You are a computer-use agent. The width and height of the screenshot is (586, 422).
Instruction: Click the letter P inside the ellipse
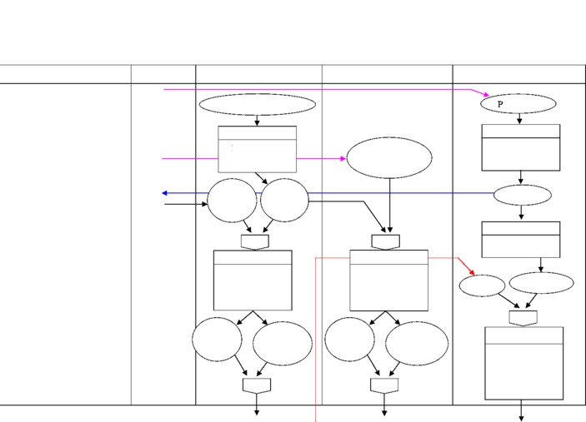pos(500,105)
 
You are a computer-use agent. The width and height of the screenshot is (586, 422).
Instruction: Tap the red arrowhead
pos(472,272)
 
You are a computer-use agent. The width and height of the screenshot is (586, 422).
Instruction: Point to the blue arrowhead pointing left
pos(165,193)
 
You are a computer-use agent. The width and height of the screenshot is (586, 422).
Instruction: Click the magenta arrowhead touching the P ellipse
pos(485,95)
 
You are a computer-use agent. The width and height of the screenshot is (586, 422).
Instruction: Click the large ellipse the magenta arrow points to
pos(389,158)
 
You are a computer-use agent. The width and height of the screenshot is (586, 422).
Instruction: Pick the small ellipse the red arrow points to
pos(482,285)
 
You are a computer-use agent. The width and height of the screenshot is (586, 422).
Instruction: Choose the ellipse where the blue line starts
pos(522,196)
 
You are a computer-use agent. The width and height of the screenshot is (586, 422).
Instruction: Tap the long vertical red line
pos(315,350)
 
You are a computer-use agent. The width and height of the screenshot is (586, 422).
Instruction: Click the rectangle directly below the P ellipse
pos(521,147)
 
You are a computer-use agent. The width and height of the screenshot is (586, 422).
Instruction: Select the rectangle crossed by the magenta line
pos(257,149)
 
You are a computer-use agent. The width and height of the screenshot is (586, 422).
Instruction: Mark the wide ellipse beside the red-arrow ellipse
pos(541,283)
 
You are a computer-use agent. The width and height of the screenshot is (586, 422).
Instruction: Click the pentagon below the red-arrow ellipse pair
pos(523,317)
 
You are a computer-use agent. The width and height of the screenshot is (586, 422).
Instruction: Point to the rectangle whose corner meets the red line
pos(388,280)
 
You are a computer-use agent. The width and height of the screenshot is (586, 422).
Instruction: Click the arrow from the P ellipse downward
pos(519,119)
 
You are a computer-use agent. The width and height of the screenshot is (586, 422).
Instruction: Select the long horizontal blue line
pos(400,193)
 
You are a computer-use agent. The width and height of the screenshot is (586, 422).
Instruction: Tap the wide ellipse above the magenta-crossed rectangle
pos(257,105)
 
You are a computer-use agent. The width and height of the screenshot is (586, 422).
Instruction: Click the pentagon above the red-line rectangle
pos(385,241)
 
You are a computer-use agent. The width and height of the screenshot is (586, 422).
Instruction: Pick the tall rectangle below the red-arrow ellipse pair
pos(523,363)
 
